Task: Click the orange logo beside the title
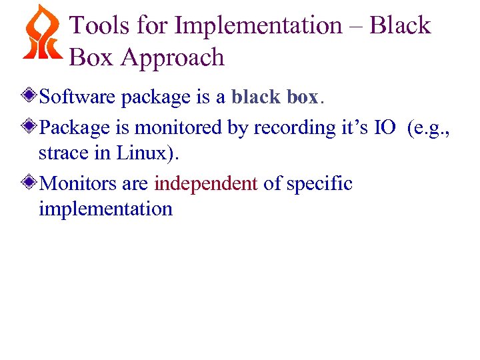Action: coord(42,33)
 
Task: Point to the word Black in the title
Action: coord(400,26)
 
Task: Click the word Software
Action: coord(79,97)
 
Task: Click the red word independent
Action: coord(205,183)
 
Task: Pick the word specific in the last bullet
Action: coord(319,183)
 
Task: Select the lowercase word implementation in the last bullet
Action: coord(105,209)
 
